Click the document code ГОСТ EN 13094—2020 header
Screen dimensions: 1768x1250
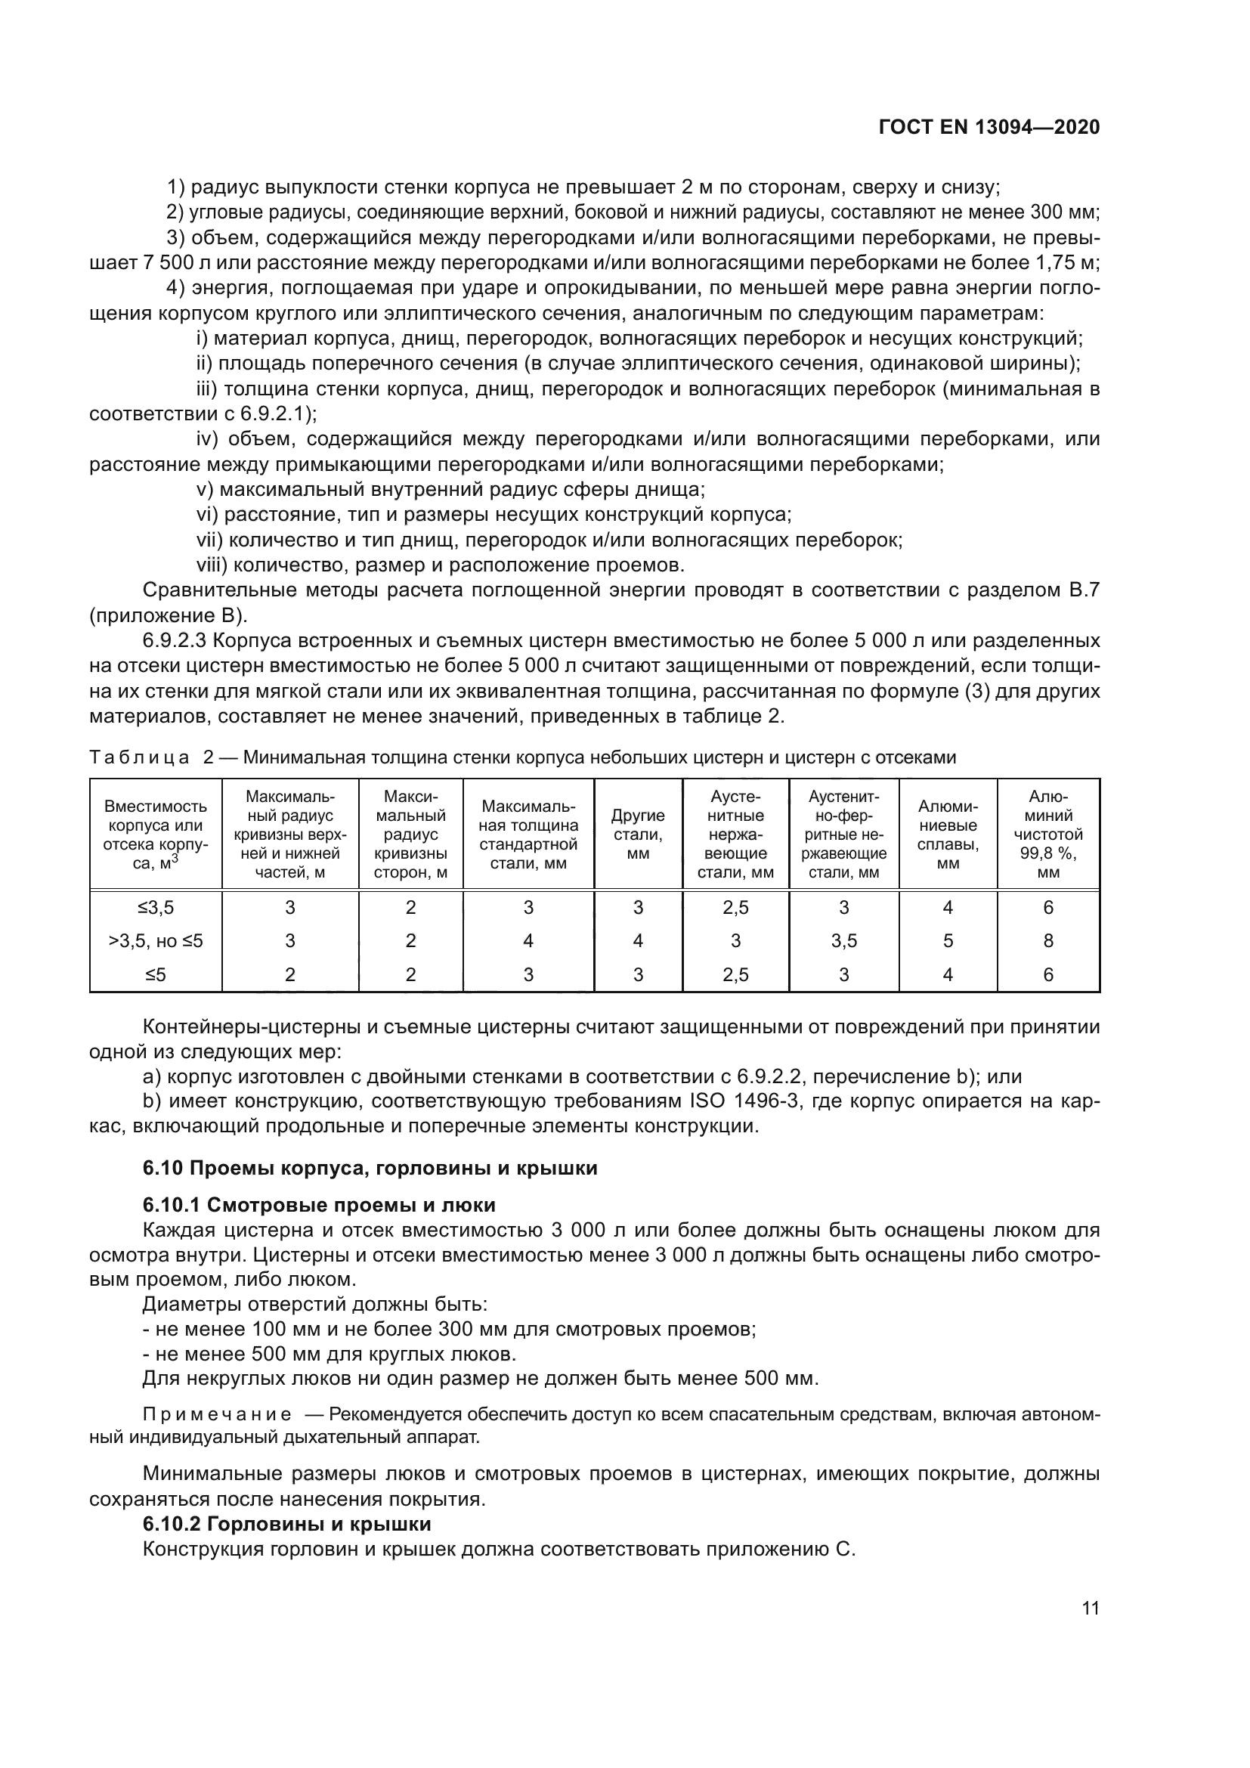tap(989, 128)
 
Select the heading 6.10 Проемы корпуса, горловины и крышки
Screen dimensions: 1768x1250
tap(370, 1168)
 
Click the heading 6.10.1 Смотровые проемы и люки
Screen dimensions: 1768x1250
tap(319, 1205)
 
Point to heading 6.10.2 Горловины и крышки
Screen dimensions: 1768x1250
tap(286, 1524)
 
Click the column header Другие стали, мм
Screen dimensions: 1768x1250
tap(637, 834)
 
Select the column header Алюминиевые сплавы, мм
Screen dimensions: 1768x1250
tap(948, 834)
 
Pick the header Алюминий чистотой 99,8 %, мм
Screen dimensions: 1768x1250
tap(1047, 834)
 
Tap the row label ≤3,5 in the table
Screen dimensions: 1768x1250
tap(156, 908)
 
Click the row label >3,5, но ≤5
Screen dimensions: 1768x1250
tap(156, 941)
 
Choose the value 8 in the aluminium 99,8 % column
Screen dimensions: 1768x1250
tap(1047, 941)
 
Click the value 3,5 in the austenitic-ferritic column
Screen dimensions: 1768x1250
tap(843, 941)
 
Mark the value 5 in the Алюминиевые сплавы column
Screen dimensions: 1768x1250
tap(948, 941)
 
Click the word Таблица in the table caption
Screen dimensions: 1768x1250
tap(139, 757)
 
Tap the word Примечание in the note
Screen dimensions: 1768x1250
tap(217, 1414)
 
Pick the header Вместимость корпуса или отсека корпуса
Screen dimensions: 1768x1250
tap(156, 834)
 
